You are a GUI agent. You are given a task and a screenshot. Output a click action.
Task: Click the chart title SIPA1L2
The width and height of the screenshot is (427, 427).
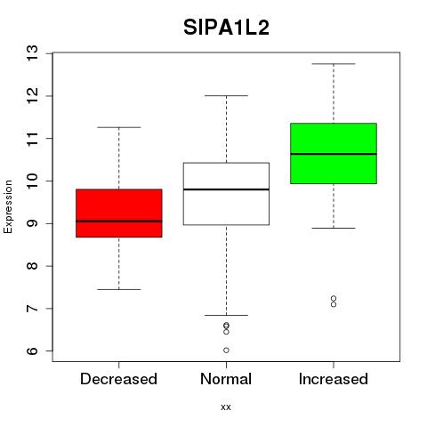click(226, 28)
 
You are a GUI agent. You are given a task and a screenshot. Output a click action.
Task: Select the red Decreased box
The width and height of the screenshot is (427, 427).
click(119, 213)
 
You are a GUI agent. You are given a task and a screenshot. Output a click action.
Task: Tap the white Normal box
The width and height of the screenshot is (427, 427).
click(226, 194)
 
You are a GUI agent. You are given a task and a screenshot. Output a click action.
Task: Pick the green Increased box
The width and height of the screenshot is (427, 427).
click(334, 153)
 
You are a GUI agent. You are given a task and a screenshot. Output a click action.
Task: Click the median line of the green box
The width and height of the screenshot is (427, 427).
click(334, 154)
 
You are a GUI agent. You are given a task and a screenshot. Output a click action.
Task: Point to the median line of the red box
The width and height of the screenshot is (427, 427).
click(119, 222)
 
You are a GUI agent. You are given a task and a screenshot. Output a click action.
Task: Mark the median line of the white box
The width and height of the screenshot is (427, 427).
click(226, 189)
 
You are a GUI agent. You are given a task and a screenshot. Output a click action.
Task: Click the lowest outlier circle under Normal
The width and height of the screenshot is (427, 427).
click(226, 350)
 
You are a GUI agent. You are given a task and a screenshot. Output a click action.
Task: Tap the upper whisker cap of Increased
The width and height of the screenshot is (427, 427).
click(334, 64)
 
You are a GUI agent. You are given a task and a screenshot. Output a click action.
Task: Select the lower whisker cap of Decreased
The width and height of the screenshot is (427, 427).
click(119, 289)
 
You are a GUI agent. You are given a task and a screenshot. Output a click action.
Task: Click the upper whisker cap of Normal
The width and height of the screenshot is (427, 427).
click(226, 96)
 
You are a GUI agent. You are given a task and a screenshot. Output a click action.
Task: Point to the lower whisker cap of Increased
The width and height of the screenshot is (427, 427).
click(334, 228)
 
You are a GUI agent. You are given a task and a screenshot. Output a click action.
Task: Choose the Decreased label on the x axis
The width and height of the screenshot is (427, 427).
click(118, 379)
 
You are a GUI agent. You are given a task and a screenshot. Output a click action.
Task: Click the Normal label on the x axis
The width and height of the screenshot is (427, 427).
click(226, 379)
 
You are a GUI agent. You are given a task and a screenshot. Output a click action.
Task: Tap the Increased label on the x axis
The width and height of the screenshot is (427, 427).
click(334, 379)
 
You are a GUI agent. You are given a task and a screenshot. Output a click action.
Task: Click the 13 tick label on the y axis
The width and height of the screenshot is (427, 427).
click(33, 53)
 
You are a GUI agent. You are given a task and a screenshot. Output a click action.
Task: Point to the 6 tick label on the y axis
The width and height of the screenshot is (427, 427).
click(33, 351)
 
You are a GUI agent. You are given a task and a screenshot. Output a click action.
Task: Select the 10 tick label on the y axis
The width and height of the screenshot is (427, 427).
click(33, 181)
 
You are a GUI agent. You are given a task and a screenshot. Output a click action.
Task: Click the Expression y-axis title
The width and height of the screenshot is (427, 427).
click(8, 206)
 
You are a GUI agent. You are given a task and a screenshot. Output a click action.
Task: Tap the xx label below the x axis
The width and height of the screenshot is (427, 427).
click(226, 407)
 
